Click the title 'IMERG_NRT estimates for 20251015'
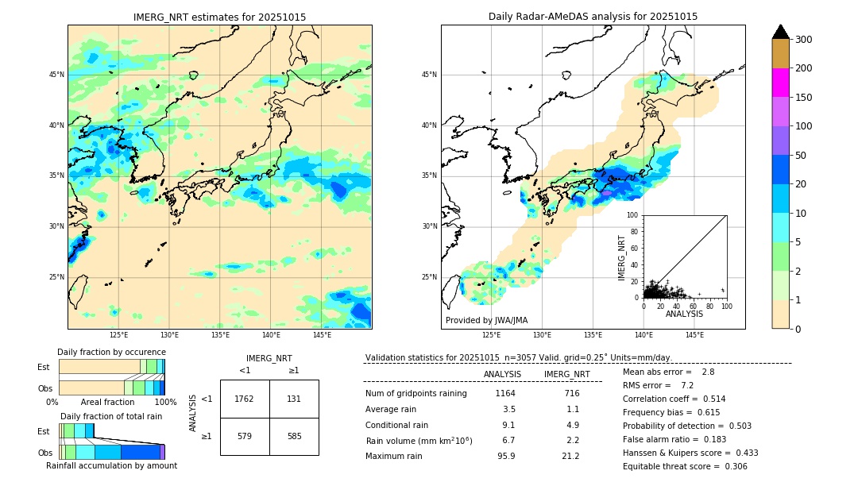pos(219,17)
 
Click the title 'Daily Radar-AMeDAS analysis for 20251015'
pos(593,17)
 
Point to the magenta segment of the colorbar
pos(780,83)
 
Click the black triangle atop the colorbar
pos(780,32)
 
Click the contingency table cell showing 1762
pos(245,399)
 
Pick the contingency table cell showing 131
pos(294,399)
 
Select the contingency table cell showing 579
pos(245,437)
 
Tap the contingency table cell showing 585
pos(294,437)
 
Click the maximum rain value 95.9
pos(506,457)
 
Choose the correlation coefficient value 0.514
pos(709,399)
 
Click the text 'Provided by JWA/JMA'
pos(486,321)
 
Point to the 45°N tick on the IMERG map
pos(56,75)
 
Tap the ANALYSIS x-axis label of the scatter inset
pos(684,314)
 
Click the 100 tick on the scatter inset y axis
pos(633,215)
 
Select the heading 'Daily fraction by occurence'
pos(111,353)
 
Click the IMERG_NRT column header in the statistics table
pos(566,374)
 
